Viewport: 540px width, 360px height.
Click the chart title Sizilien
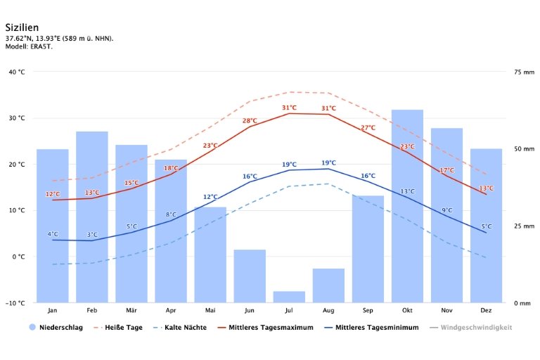(x=22, y=27)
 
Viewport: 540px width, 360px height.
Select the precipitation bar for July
(x=289, y=297)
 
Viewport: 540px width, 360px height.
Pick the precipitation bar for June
(x=250, y=276)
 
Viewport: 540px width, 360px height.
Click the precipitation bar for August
(x=328, y=285)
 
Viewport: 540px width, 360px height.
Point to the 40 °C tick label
(x=16, y=72)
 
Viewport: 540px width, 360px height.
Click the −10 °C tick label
(x=15, y=303)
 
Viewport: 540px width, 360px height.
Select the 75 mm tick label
(x=525, y=72)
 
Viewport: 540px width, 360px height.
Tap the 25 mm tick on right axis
(x=525, y=226)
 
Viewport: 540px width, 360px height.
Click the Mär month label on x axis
(x=131, y=310)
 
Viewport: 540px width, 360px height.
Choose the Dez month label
(x=487, y=310)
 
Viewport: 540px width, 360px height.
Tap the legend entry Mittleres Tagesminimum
(x=377, y=328)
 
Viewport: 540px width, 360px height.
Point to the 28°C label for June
(x=250, y=121)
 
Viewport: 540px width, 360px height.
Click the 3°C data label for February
(x=92, y=235)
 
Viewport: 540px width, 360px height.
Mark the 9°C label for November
(x=447, y=210)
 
